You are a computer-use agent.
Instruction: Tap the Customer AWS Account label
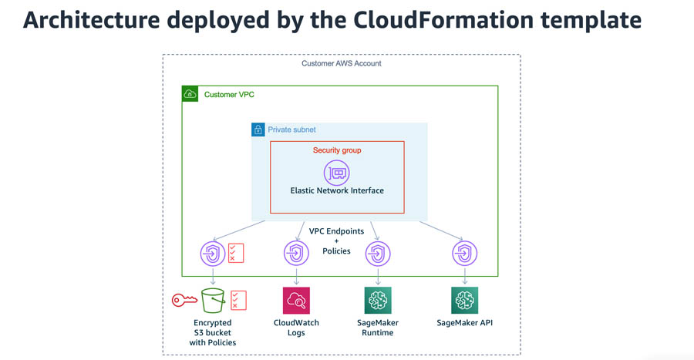tap(342, 63)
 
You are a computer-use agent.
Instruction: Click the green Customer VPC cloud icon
tap(190, 94)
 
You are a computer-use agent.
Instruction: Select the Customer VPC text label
tap(229, 94)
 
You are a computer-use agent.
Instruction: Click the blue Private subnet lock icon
tap(258, 130)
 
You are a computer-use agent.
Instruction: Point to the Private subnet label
tap(291, 130)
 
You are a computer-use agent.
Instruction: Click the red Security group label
tap(337, 150)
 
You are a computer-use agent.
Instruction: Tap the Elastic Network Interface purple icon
tap(337, 173)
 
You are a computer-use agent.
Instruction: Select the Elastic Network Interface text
tap(337, 190)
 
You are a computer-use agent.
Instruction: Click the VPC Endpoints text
tap(336, 230)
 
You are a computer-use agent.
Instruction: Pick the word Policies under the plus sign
tap(336, 251)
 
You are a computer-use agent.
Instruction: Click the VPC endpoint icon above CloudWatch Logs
tap(296, 254)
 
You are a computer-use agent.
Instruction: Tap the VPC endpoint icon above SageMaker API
tap(464, 254)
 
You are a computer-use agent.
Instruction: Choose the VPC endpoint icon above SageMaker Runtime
tap(378, 254)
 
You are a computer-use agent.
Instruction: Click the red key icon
tap(184, 301)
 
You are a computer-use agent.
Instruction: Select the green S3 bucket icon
tap(213, 301)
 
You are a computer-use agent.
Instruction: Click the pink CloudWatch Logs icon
tap(296, 301)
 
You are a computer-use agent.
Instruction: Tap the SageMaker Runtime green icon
tap(378, 301)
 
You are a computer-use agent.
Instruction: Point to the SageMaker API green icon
tap(464, 301)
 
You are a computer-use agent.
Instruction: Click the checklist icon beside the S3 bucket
tap(238, 301)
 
